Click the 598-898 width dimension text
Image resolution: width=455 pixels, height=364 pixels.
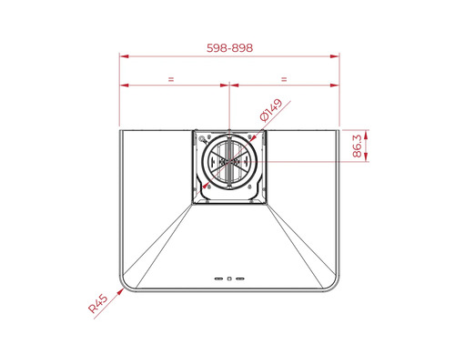click(x=229, y=48)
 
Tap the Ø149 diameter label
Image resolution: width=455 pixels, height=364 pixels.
click(x=271, y=110)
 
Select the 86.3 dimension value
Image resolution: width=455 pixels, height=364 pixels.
click(x=358, y=146)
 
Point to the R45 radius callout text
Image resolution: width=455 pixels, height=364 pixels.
click(x=97, y=304)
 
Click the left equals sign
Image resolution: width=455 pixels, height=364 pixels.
click(x=171, y=79)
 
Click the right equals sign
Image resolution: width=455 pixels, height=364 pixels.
click(x=284, y=79)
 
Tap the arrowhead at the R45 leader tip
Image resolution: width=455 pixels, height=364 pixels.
click(x=121, y=291)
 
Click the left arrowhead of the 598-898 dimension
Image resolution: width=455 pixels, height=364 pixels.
click(x=124, y=56)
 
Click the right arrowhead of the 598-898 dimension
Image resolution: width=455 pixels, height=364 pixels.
click(x=335, y=56)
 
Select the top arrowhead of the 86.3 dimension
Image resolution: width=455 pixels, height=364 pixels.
click(x=366, y=135)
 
